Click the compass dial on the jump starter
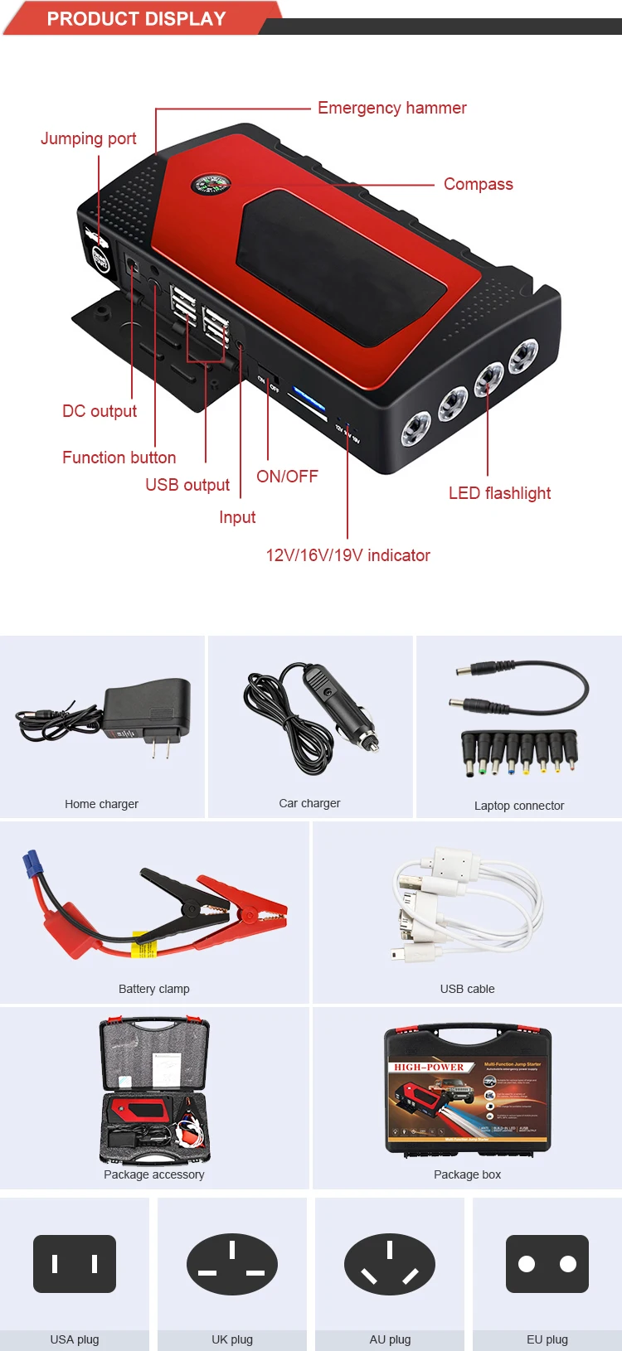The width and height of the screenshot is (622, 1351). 210,184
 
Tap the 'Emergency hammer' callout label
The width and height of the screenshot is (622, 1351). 391,108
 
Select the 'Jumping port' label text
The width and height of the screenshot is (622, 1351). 89,138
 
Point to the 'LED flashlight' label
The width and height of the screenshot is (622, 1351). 499,493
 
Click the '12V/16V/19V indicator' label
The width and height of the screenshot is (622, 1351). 347,555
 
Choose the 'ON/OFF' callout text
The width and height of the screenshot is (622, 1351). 287,477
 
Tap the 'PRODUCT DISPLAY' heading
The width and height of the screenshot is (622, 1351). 136,18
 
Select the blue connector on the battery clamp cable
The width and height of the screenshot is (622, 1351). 32,864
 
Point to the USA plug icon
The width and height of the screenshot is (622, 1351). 75,1264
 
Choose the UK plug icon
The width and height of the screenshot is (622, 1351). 232,1264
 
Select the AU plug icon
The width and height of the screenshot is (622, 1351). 390,1264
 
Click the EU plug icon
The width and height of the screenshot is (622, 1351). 547,1264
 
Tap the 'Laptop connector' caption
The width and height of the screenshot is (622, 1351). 519,806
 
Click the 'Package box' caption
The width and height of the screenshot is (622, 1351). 467,1174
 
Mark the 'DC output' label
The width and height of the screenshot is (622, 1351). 100,411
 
